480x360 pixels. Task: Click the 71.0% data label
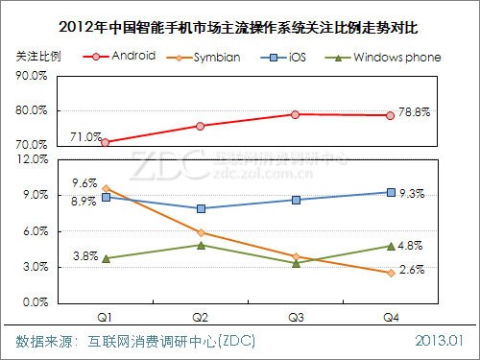click(x=85, y=137)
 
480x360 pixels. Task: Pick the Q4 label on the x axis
click(x=390, y=314)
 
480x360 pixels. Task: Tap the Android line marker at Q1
click(x=106, y=142)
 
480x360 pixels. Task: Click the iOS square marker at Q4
click(x=390, y=192)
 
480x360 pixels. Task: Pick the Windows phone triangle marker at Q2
click(x=201, y=245)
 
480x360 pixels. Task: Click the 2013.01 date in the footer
click(x=440, y=341)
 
